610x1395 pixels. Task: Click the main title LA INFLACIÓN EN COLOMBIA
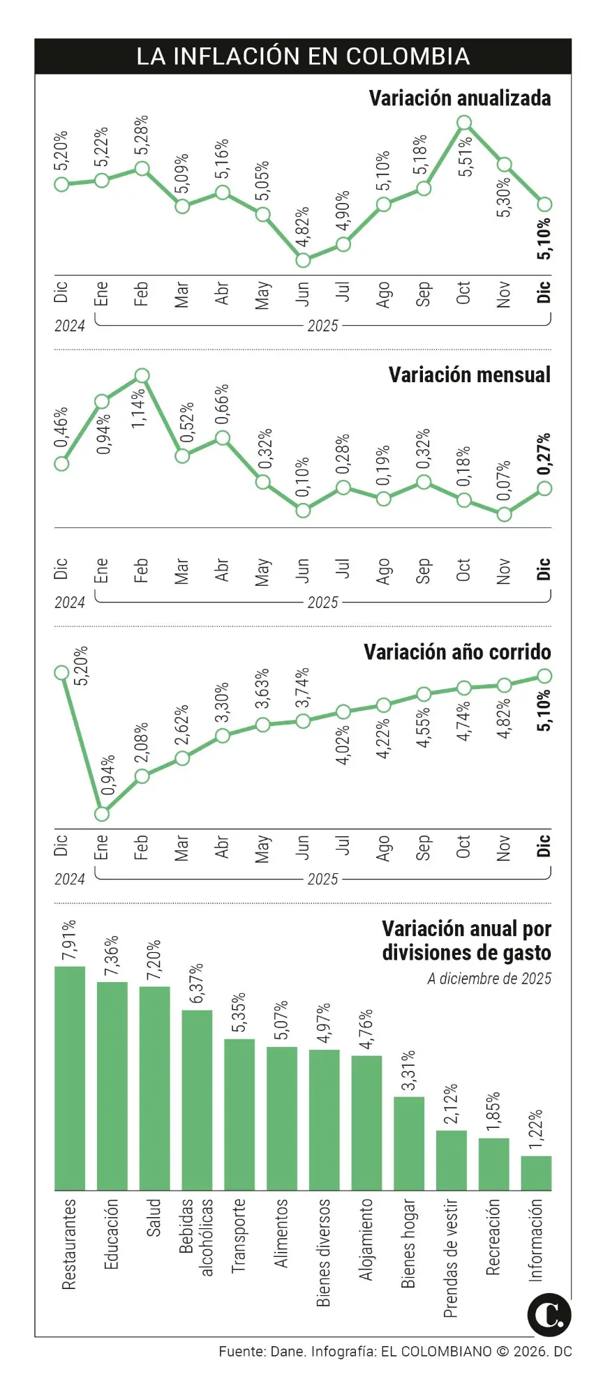pos(303,56)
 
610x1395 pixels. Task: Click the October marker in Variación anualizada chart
pos(464,123)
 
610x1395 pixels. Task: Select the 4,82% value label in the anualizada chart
pos(302,227)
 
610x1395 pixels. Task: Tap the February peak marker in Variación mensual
pos(142,376)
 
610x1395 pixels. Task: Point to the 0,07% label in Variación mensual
pos(504,481)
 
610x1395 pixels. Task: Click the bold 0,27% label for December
pos(544,454)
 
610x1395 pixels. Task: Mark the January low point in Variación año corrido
pos(102,814)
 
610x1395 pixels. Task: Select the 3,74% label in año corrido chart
pos(302,688)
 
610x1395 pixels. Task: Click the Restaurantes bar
pos(70,1078)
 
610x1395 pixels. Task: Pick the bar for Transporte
pos(239,1114)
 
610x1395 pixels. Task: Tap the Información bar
pos(536,1172)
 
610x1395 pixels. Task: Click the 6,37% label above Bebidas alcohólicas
pos(197,983)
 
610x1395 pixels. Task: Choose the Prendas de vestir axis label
pos(451,1258)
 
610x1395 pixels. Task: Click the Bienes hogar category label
pos(408,1243)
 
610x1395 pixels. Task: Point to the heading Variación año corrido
pos(457,652)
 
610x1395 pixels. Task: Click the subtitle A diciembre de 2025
pos(489,979)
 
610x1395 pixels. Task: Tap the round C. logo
pos(549,1315)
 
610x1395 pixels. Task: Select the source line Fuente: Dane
pos(394,1351)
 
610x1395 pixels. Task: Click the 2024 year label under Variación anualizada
pos(70,326)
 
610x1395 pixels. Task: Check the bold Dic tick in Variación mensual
pos(544,569)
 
